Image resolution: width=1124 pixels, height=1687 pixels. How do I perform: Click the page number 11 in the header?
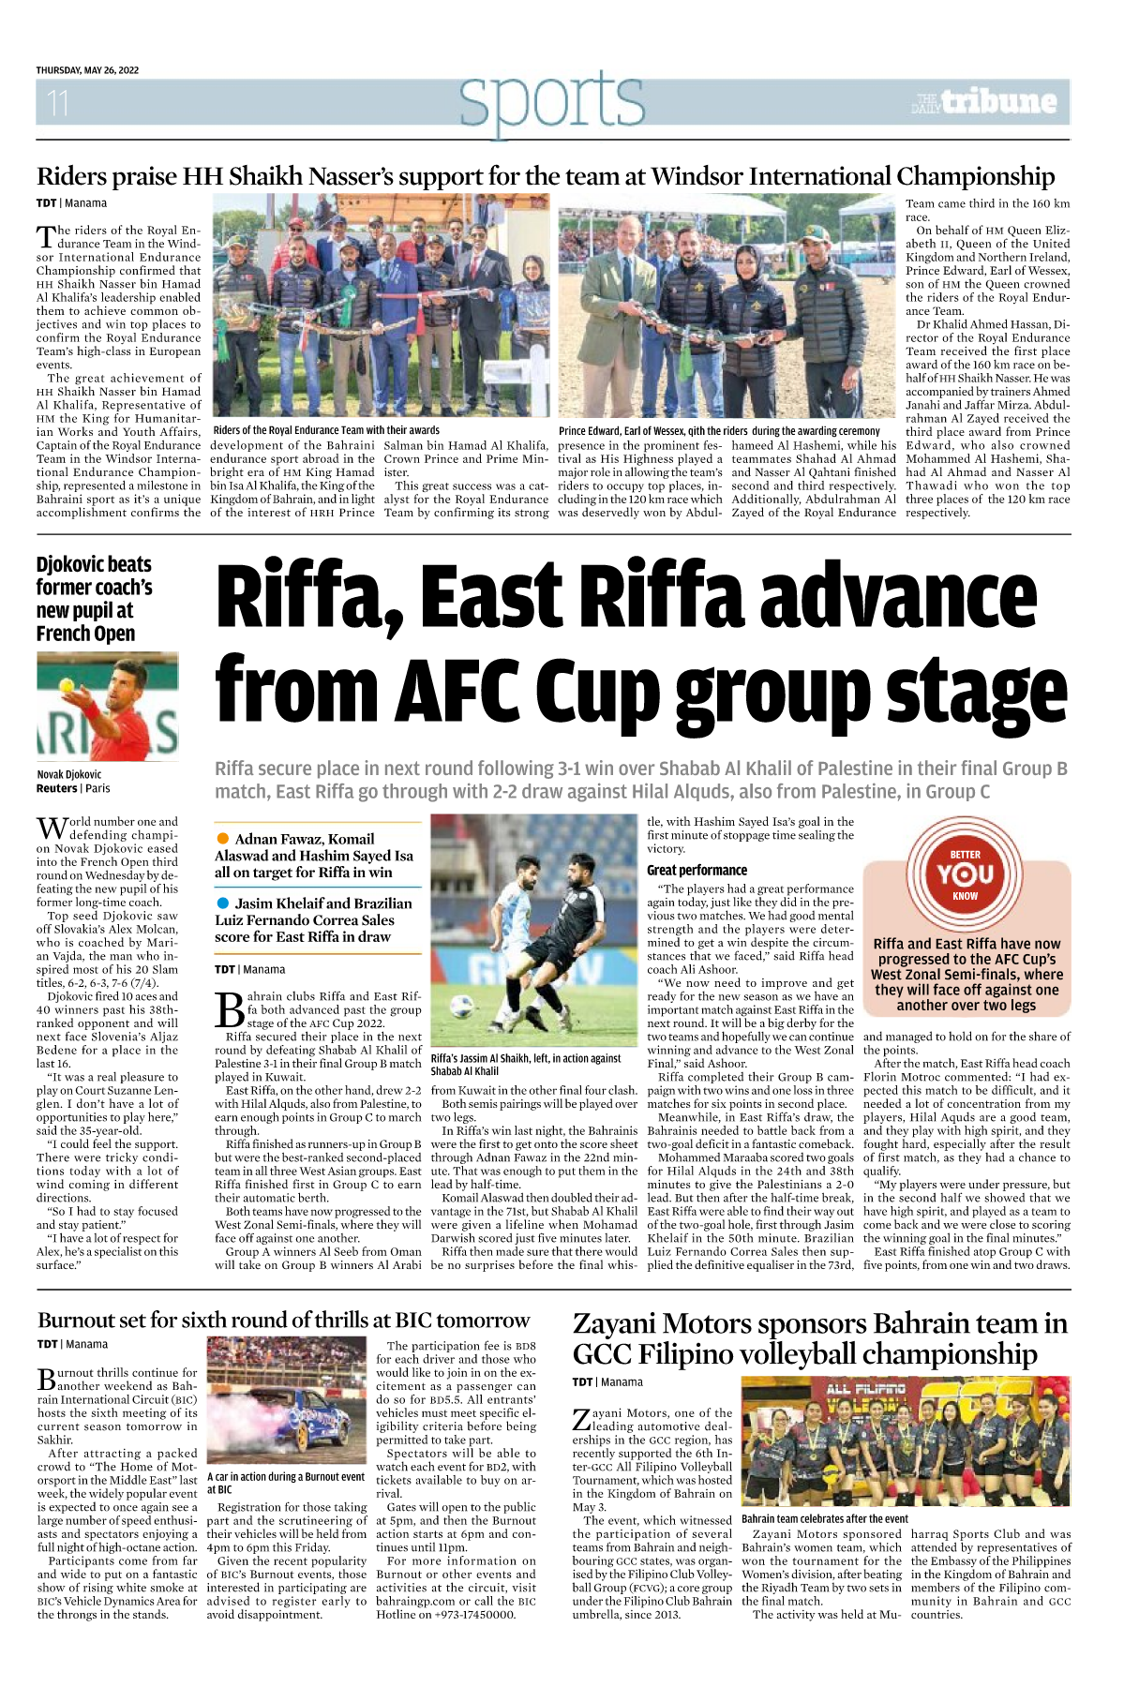(57, 101)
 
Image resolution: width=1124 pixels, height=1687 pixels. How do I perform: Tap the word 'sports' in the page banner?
(551, 101)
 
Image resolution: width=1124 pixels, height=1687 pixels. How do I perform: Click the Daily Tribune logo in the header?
(984, 101)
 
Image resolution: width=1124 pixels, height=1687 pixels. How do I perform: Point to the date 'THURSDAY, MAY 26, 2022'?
(87, 70)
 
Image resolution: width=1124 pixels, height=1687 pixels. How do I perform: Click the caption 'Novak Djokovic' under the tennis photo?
(69, 774)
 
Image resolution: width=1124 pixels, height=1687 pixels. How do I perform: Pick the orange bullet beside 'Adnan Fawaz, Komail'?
(223, 838)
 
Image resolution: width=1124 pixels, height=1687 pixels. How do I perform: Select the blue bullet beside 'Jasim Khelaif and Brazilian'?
(223, 903)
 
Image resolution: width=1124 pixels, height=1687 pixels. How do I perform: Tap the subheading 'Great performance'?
(697, 870)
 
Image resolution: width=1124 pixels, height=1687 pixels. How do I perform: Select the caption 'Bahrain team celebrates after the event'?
(824, 1518)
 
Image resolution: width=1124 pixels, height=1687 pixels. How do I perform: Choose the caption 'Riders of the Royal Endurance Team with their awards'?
(326, 430)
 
